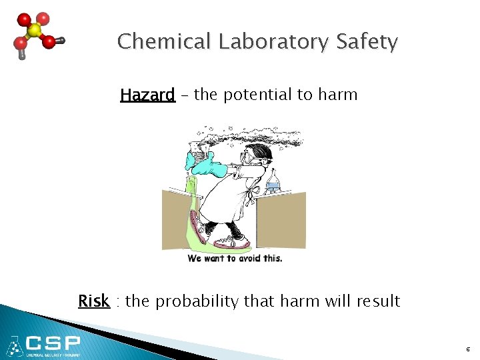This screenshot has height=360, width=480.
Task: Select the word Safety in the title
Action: [367, 42]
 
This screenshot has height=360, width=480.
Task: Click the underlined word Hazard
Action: [147, 95]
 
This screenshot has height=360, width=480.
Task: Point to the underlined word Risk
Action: [93, 301]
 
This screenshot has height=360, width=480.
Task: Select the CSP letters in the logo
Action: [53, 344]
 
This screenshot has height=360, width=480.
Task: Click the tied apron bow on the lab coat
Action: [250, 194]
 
